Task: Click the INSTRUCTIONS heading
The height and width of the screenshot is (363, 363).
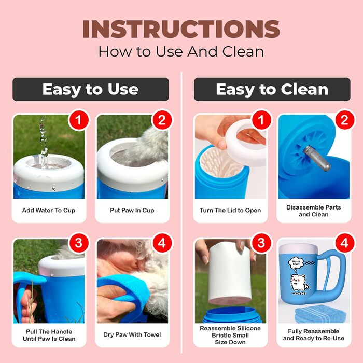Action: coord(181,29)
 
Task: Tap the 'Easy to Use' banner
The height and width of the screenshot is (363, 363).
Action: coord(91,89)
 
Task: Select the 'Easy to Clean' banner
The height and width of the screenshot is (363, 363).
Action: coord(272,89)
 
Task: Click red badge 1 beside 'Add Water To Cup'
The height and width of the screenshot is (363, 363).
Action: coord(78,120)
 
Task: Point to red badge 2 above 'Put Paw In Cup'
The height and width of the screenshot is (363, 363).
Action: coord(162,120)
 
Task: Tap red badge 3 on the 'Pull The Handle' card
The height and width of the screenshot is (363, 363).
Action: coord(78,243)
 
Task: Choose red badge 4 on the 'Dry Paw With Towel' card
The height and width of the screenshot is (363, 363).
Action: coord(162,243)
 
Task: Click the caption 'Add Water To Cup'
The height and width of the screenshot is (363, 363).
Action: coord(49,210)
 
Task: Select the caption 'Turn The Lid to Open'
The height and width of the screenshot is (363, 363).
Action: coord(230,210)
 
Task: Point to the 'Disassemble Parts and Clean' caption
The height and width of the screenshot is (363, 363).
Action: coord(314,211)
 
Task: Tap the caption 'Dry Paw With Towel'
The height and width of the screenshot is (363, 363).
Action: coord(132,334)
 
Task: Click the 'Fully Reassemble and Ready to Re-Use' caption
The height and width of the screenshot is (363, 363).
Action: coord(314,335)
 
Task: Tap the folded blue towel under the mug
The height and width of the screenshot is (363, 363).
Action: coord(320,314)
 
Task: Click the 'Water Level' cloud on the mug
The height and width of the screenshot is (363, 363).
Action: coord(296,263)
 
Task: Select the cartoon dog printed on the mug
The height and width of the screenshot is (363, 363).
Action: coord(299,283)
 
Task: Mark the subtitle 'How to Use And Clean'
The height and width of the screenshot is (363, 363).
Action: coord(181,51)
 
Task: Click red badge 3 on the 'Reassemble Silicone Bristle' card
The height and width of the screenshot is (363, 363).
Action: coord(261,243)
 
